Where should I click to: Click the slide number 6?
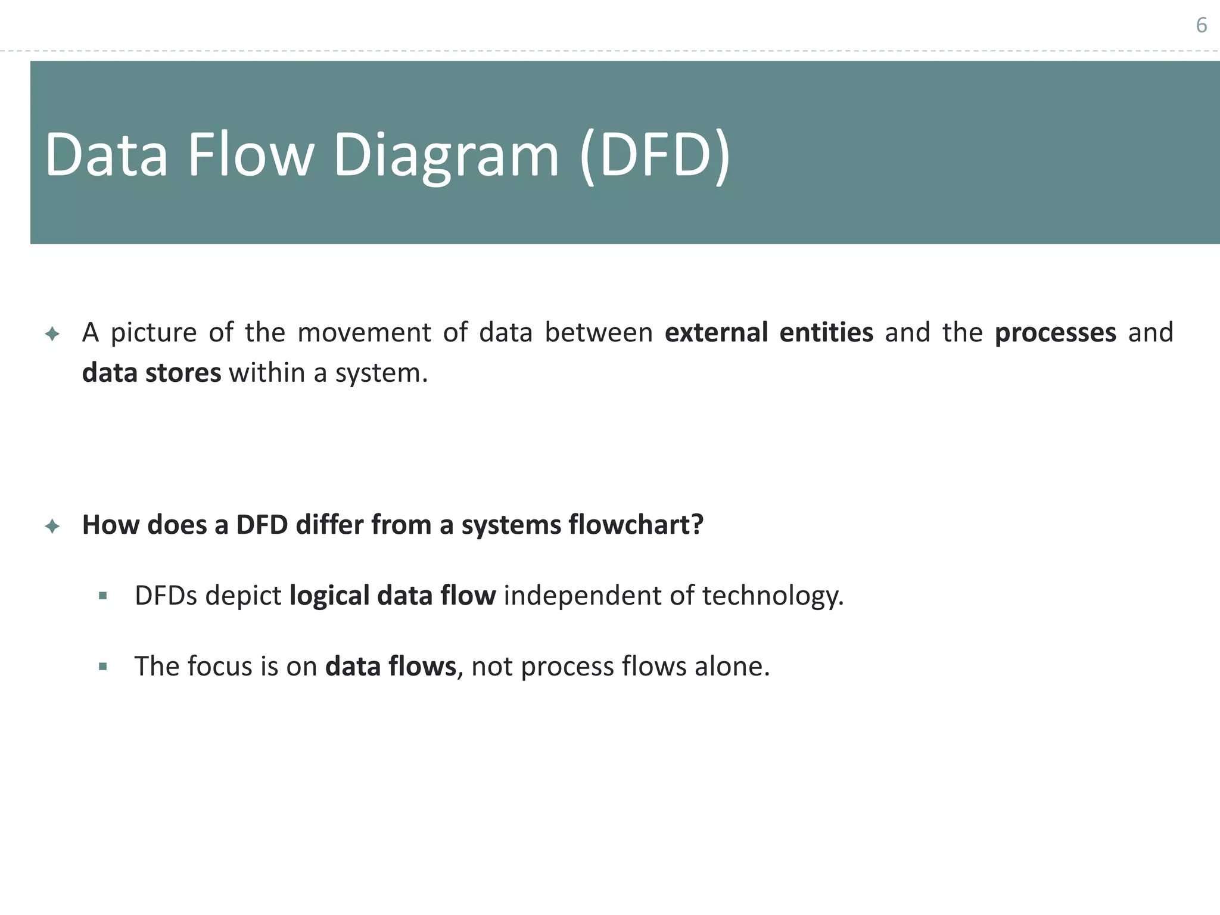[x=1201, y=26]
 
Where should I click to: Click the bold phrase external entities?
[x=768, y=332]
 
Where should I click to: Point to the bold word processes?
[x=1055, y=332]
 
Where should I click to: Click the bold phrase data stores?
[x=151, y=373]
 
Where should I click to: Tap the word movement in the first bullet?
[x=364, y=332]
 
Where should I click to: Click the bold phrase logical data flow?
[x=392, y=596]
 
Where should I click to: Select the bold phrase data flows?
[x=390, y=666]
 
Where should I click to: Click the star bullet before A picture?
[x=52, y=334]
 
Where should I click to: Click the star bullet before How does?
[x=52, y=526]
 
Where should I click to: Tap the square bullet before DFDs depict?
[x=103, y=596]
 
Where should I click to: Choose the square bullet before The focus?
[x=103, y=667]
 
